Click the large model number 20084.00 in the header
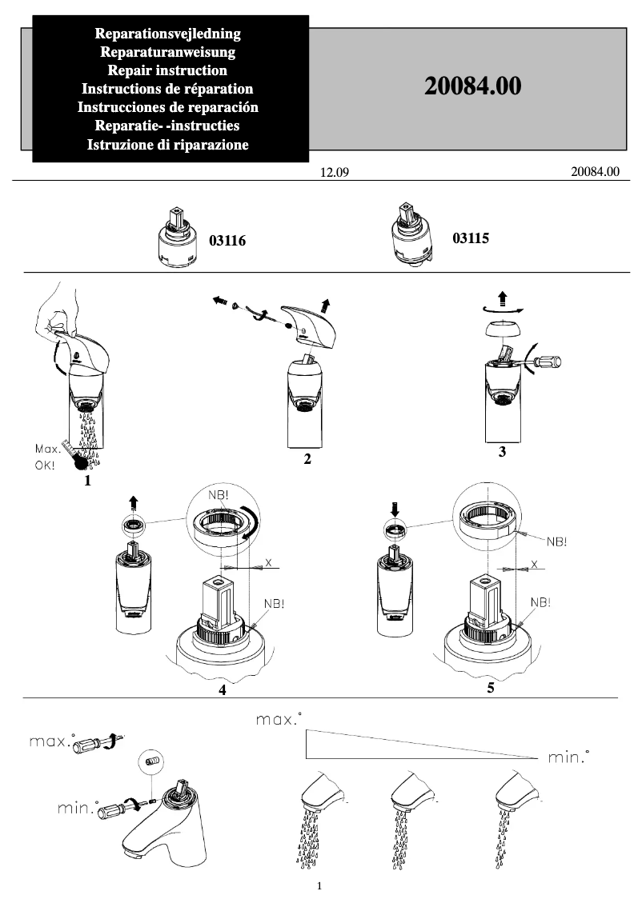472,87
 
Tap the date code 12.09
335,173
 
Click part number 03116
227,240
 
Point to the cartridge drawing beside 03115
411,234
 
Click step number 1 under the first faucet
87,481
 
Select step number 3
502,452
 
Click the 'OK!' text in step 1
45,464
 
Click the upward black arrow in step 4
134,503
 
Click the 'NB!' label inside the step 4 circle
218,496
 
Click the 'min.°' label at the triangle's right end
569,757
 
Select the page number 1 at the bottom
319,886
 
